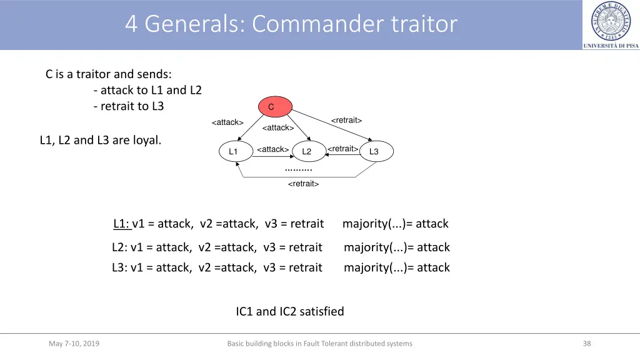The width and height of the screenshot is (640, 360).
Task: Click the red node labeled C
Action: point(271,107)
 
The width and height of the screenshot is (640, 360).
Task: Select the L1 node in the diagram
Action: point(233,152)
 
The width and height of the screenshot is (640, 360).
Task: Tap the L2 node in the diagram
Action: point(307,152)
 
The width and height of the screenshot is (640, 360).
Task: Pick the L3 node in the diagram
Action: point(374,152)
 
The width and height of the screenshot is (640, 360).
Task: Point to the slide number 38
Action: point(586,343)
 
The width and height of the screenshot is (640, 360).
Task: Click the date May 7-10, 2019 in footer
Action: point(74,343)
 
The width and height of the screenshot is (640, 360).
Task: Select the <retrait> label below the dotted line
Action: point(303,184)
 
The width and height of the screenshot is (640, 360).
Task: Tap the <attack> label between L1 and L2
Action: point(272,149)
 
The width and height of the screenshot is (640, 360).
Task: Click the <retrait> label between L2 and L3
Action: point(343,149)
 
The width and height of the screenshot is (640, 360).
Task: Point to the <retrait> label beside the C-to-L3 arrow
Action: point(346,120)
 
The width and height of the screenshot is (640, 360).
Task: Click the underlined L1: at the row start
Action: point(122,224)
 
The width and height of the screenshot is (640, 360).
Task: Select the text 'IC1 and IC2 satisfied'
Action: point(290,311)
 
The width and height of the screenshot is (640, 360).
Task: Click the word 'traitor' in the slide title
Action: point(424,24)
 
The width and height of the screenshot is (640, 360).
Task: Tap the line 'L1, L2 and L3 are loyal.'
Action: point(100,140)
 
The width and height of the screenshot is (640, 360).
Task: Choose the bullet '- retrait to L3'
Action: point(128,106)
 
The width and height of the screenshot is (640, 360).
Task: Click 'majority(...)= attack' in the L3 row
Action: point(396,267)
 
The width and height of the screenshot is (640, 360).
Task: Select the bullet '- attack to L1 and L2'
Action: point(147,90)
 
